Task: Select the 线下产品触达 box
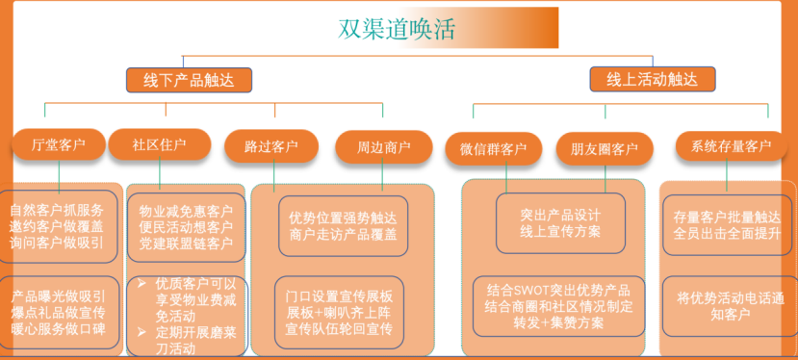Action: (x=189, y=80)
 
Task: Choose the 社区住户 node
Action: (x=159, y=145)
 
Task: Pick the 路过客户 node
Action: (x=270, y=147)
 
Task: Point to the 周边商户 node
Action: (x=383, y=147)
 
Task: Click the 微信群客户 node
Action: (x=493, y=148)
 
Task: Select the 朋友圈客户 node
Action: (x=604, y=148)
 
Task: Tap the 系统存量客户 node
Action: (x=724, y=146)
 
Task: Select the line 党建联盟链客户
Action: (x=186, y=244)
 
